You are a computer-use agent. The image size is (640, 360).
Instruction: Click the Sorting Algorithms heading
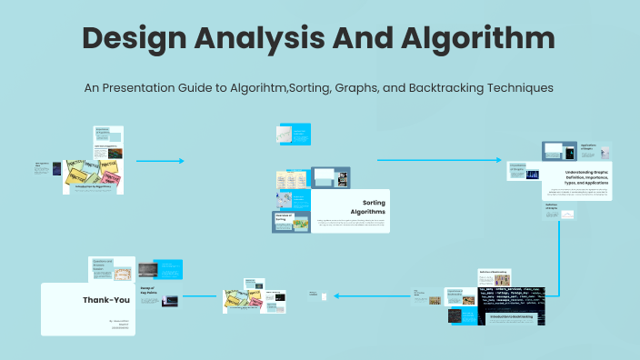[374, 206]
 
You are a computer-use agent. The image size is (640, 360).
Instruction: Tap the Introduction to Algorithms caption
[93, 185]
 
